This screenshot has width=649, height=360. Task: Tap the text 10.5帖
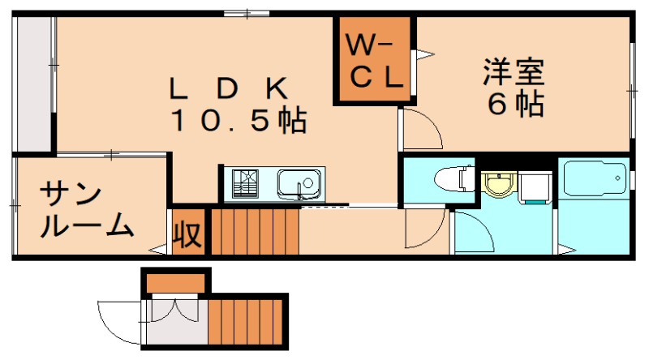coord(237,121)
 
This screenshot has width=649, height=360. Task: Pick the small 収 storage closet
coord(188,234)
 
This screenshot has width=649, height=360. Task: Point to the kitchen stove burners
coord(244,184)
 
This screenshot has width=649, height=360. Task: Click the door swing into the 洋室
coord(418,130)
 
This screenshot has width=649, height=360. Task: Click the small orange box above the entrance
coord(176,283)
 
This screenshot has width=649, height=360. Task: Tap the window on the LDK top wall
coord(247,13)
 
